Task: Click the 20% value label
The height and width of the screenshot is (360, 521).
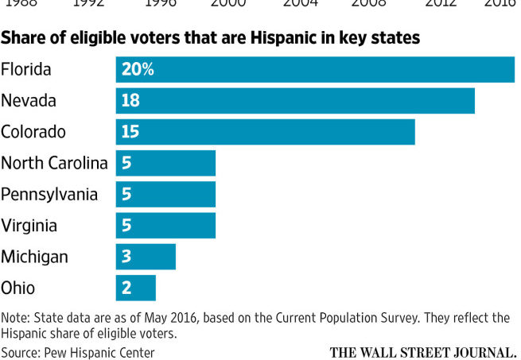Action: pyautogui.click(x=137, y=69)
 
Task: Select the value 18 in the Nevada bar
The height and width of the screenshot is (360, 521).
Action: pyautogui.click(x=130, y=101)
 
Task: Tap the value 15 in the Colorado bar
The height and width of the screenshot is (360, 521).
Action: pyautogui.click(x=130, y=132)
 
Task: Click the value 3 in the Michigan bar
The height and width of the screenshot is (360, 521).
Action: pyautogui.click(x=126, y=257)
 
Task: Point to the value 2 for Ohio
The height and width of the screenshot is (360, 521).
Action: pyautogui.click(x=126, y=288)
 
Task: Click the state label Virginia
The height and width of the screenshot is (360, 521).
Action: pyautogui.click(x=29, y=226)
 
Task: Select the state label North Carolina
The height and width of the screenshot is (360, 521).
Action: pyautogui.click(x=54, y=163)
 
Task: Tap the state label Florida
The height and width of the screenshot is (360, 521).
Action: pyautogui.click(x=26, y=69)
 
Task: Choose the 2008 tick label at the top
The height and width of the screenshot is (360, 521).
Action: pyautogui.click(x=368, y=3)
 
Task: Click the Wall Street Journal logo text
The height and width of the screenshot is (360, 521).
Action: pyautogui.click(x=422, y=351)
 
